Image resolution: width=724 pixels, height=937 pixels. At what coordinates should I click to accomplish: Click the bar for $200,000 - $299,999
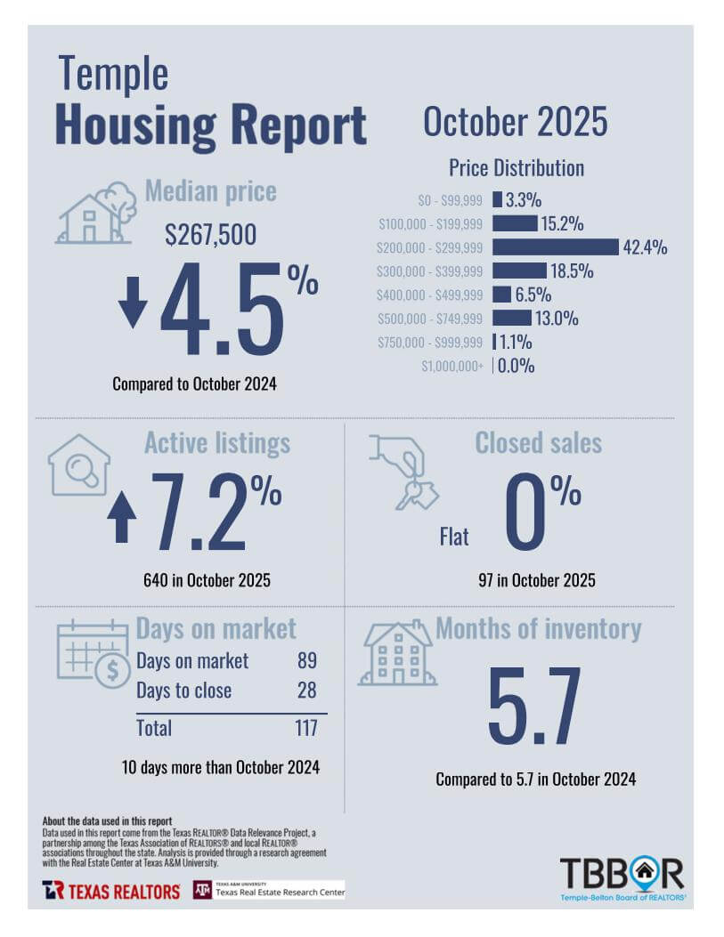[x=555, y=246]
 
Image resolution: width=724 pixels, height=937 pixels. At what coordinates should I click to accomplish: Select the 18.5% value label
[x=571, y=271]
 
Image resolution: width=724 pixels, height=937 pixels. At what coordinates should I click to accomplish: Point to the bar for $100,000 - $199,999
[x=515, y=223]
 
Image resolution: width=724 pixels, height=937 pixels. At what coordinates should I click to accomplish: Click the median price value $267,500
[x=211, y=235]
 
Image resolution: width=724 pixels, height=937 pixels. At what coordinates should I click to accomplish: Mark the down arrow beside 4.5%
[x=133, y=303]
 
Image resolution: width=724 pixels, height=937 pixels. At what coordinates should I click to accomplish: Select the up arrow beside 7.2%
[x=122, y=518]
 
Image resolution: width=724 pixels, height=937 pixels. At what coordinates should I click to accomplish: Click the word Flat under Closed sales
[x=454, y=536]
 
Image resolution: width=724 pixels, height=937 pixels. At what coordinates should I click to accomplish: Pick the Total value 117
[x=305, y=728]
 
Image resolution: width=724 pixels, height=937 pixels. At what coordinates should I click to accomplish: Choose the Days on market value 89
[x=305, y=661]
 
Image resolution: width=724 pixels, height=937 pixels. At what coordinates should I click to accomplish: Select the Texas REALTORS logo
[x=110, y=890]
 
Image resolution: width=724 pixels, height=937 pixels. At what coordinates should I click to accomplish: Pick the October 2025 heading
[x=515, y=122]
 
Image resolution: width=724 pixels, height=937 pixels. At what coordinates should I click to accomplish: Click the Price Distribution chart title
[x=517, y=167]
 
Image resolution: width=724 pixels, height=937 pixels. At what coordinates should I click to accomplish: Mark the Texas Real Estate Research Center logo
[x=269, y=890]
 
